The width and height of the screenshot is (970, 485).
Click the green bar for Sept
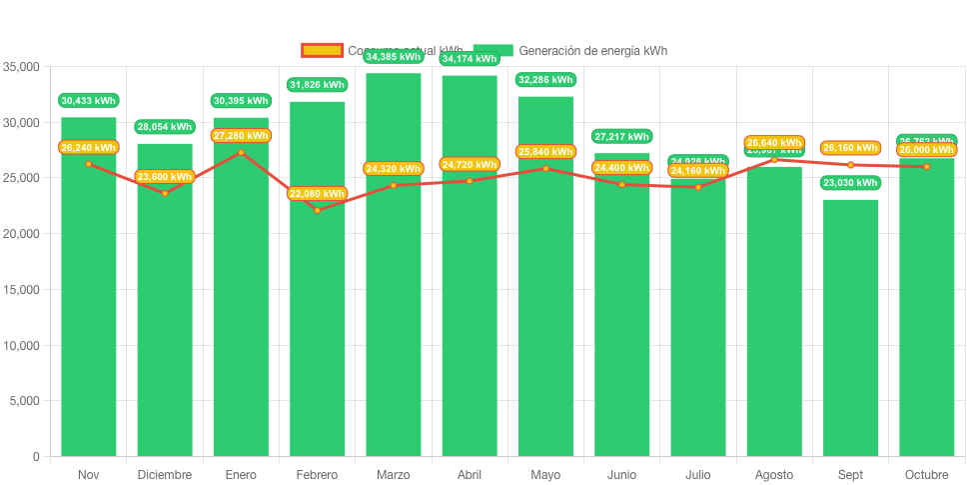(x=850, y=330)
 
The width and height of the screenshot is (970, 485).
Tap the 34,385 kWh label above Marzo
(x=394, y=57)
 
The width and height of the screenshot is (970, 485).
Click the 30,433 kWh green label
(x=88, y=100)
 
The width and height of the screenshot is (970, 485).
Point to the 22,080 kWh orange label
(x=318, y=193)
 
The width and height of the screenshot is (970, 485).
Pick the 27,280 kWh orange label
(x=241, y=135)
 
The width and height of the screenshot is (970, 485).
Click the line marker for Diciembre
(x=165, y=193)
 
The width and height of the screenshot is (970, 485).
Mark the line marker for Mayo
(x=545, y=168)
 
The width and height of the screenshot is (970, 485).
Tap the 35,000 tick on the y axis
(x=21, y=67)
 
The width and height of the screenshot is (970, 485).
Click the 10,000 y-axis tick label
(x=21, y=346)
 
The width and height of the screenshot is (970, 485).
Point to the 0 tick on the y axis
(x=36, y=457)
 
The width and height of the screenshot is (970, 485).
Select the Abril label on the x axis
(x=470, y=475)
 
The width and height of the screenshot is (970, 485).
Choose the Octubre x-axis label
(x=926, y=475)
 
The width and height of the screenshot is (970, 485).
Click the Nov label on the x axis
(x=88, y=475)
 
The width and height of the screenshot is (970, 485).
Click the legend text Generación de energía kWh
(x=593, y=50)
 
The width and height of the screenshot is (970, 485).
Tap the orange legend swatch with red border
(x=322, y=50)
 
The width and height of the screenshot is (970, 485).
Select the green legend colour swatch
(x=492, y=50)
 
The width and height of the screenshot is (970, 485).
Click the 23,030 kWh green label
(x=850, y=183)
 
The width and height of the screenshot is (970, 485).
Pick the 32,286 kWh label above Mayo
(x=545, y=79)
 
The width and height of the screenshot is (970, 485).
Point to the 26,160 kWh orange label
(x=850, y=148)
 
